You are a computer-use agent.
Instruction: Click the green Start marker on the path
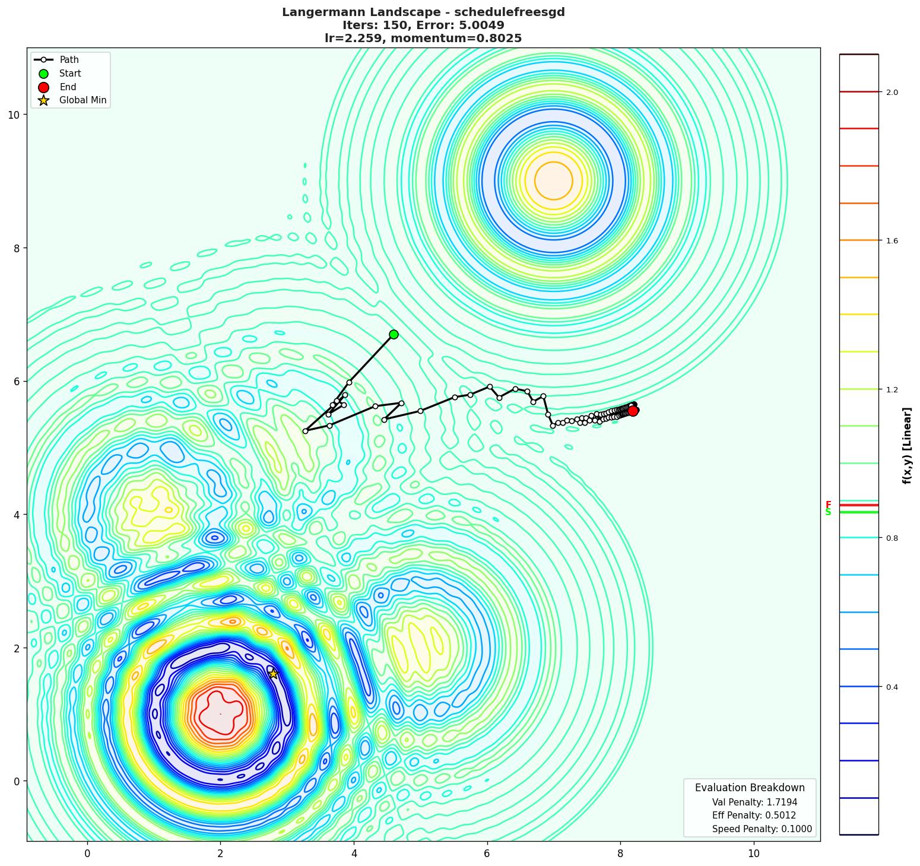coord(394,334)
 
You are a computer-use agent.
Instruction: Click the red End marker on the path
coord(633,411)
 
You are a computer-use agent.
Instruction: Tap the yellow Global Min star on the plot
coord(273,674)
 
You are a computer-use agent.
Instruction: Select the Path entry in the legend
coord(69,60)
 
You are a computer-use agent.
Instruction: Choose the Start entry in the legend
coord(70,74)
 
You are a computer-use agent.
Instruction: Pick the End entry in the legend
coord(68,87)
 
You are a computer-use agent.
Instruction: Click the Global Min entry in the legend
coord(83,100)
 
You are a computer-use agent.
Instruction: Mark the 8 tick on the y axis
coord(17,248)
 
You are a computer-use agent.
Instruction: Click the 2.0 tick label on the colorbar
coord(892,92)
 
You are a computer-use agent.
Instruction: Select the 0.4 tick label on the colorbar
coord(892,687)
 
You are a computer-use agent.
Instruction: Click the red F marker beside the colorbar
coord(828,505)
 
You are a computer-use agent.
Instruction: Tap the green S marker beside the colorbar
coord(828,512)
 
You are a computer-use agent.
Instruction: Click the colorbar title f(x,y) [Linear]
coord(906,445)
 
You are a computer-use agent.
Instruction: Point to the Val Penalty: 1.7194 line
coord(754,802)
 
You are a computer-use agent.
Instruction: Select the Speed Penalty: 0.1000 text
coord(762,829)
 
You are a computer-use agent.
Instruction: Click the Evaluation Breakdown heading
coord(750,788)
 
